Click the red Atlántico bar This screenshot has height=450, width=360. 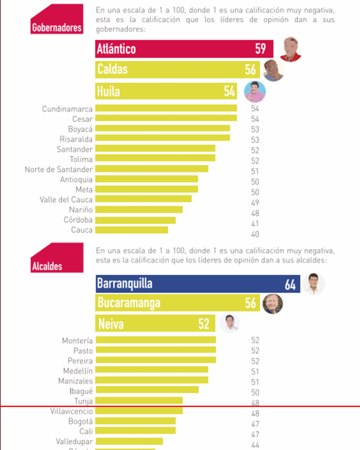click(x=184, y=49)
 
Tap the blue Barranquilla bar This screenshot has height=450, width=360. click(x=198, y=284)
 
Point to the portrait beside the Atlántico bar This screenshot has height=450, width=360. click(x=291, y=49)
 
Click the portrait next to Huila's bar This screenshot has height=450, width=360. click(x=255, y=91)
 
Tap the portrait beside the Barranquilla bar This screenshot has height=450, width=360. click(x=313, y=284)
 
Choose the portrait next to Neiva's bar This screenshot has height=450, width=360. click(x=229, y=324)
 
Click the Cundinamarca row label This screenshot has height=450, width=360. click(x=67, y=109)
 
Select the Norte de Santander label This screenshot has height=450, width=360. click(x=58, y=169)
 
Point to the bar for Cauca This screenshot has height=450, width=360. click(x=131, y=230)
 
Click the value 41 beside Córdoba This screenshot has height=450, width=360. click(x=255, y=224)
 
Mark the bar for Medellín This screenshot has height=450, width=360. click(x=152, y=370)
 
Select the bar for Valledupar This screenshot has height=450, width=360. click(x=129, y=441)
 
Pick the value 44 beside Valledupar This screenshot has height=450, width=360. click(x=255, y=445)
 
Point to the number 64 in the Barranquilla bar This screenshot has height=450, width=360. click(x=290, y=285)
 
